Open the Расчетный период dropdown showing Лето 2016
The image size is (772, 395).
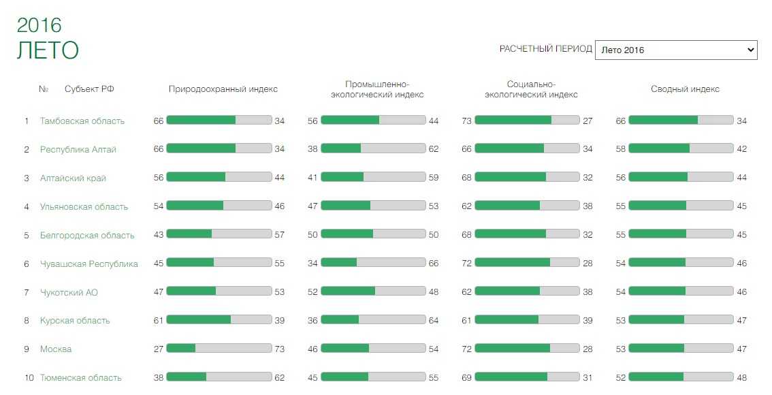point(675,50)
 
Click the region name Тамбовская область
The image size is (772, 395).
point(82,121)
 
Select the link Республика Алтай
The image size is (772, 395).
point(78,150)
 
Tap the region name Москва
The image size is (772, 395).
point(56,349)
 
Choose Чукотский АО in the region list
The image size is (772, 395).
point(69,292)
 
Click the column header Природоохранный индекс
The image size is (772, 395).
point(223,89)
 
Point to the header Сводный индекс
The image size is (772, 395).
point(685,89)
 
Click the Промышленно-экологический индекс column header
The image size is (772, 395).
point(377,89)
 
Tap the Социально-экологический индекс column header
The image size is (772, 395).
point(531,89)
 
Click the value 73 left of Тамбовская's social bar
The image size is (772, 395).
point(466,121)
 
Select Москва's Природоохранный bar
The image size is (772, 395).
point(219,348)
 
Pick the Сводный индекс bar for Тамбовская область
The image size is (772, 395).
point(681,120)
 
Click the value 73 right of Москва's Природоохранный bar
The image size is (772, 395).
point(279,349)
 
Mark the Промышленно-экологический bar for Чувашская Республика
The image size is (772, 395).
point(373,263)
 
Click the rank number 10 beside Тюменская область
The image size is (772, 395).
point(29,378)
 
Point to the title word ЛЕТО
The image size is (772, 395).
point(48,50)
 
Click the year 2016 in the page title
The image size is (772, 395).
point(39,25)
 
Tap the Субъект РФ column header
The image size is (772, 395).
point(89,89)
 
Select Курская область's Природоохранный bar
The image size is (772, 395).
point(219,319)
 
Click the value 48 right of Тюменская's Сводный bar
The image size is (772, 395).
point(741,378)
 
